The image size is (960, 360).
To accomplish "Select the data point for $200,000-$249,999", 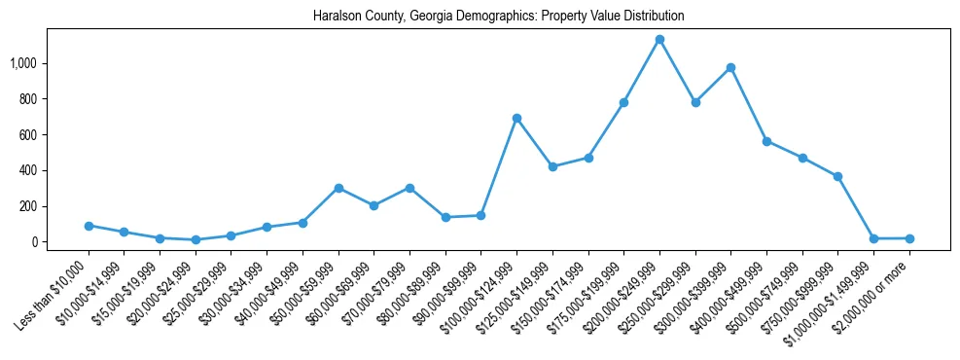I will coord(659,40).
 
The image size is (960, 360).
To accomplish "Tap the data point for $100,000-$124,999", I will coord(516,119).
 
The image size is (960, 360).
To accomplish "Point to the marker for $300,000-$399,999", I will coord(730,68).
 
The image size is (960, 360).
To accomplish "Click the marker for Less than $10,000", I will coord(89,226).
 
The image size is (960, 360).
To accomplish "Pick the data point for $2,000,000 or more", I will coord(909,238).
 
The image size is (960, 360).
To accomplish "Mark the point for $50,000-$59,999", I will coord(338,188).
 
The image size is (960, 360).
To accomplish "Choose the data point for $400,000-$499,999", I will coord(766,141).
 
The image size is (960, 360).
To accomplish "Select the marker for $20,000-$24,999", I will coord(196,239).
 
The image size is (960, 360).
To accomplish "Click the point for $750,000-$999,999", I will coord(837,176).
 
